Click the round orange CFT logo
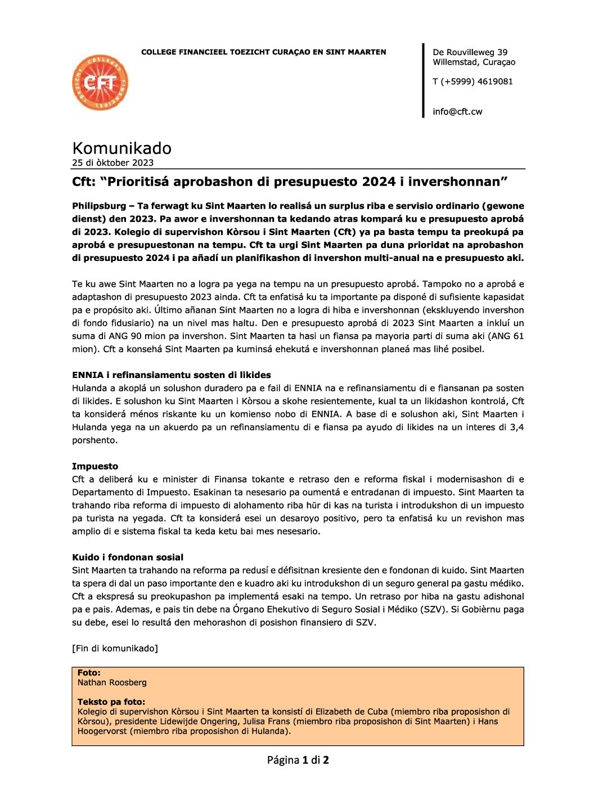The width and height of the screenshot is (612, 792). pos(100,83)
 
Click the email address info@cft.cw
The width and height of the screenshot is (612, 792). pos(457,111)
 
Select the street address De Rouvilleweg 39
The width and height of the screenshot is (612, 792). pos(470,52)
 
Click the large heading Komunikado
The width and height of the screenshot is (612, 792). pos(121,148)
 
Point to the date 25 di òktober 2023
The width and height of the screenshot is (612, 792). pos(112,163)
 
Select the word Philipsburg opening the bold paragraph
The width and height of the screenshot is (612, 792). pos(99,206)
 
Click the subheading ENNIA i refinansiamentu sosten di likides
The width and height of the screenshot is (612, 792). pos(171,375)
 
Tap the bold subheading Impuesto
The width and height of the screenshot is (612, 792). pos(94,466)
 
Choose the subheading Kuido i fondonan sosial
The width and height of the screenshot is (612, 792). pos(127,557)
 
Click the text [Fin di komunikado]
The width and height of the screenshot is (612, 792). pos(115,649)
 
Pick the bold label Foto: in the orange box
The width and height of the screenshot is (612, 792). pos(89,673)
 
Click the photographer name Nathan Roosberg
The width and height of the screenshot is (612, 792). pos(112,682)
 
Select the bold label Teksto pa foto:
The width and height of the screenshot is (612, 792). pos(111,702)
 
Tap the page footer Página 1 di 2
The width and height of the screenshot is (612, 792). pos(298,760)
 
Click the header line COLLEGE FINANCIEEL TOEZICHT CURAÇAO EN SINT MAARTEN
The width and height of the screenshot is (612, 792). pos(263,52)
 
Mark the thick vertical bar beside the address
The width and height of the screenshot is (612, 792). pos(423,80)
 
